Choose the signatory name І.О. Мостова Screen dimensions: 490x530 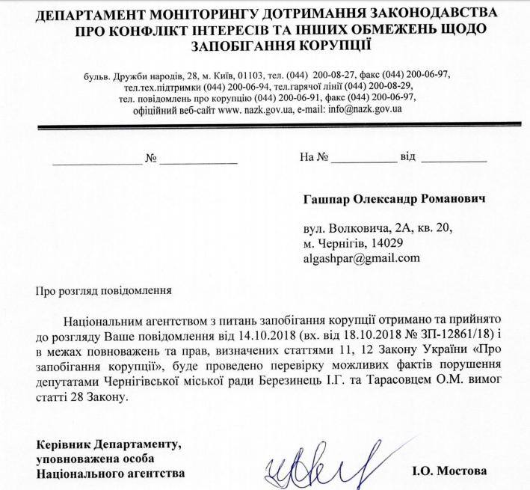449,471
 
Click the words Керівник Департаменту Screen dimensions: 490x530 108,445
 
